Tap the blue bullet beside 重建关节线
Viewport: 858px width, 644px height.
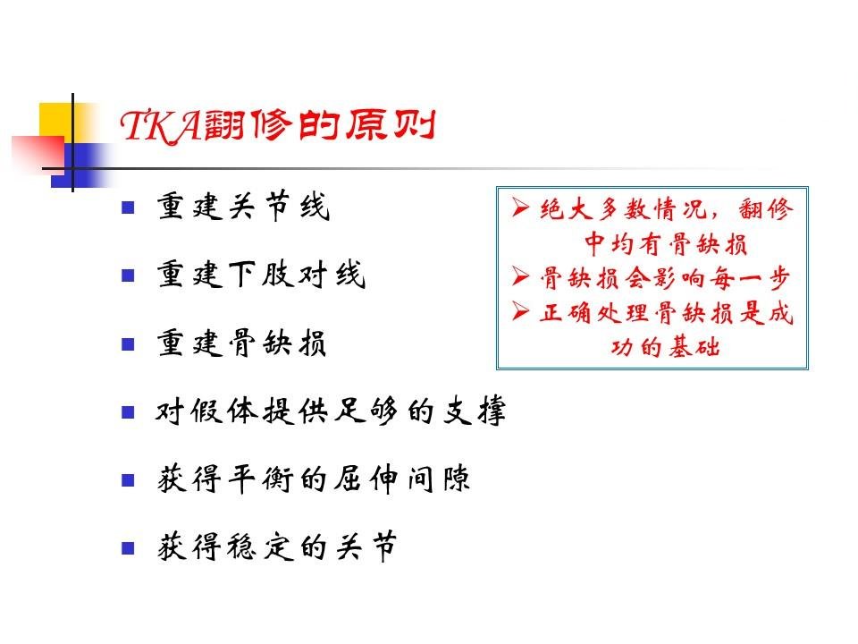coord(128,208)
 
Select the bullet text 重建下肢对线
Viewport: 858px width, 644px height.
coord(261,275)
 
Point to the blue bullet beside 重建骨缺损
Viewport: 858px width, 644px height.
coord(128,343)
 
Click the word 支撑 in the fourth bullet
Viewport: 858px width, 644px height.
coord(474,411)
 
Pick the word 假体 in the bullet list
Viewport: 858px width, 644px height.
coord(225,411)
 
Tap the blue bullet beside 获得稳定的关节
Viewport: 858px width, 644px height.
coord(128,548)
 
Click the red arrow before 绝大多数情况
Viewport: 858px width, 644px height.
coord(520,208)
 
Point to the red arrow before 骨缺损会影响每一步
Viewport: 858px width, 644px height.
coord(520,276)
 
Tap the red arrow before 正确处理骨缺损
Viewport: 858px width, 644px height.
coord(520,311)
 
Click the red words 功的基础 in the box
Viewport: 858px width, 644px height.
coord(665,347)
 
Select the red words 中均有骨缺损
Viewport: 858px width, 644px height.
coord(665,243)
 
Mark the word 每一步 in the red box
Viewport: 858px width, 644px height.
coord(750,278)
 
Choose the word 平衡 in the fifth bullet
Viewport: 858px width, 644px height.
coord(260,479)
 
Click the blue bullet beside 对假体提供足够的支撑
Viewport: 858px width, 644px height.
coord(128,411)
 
